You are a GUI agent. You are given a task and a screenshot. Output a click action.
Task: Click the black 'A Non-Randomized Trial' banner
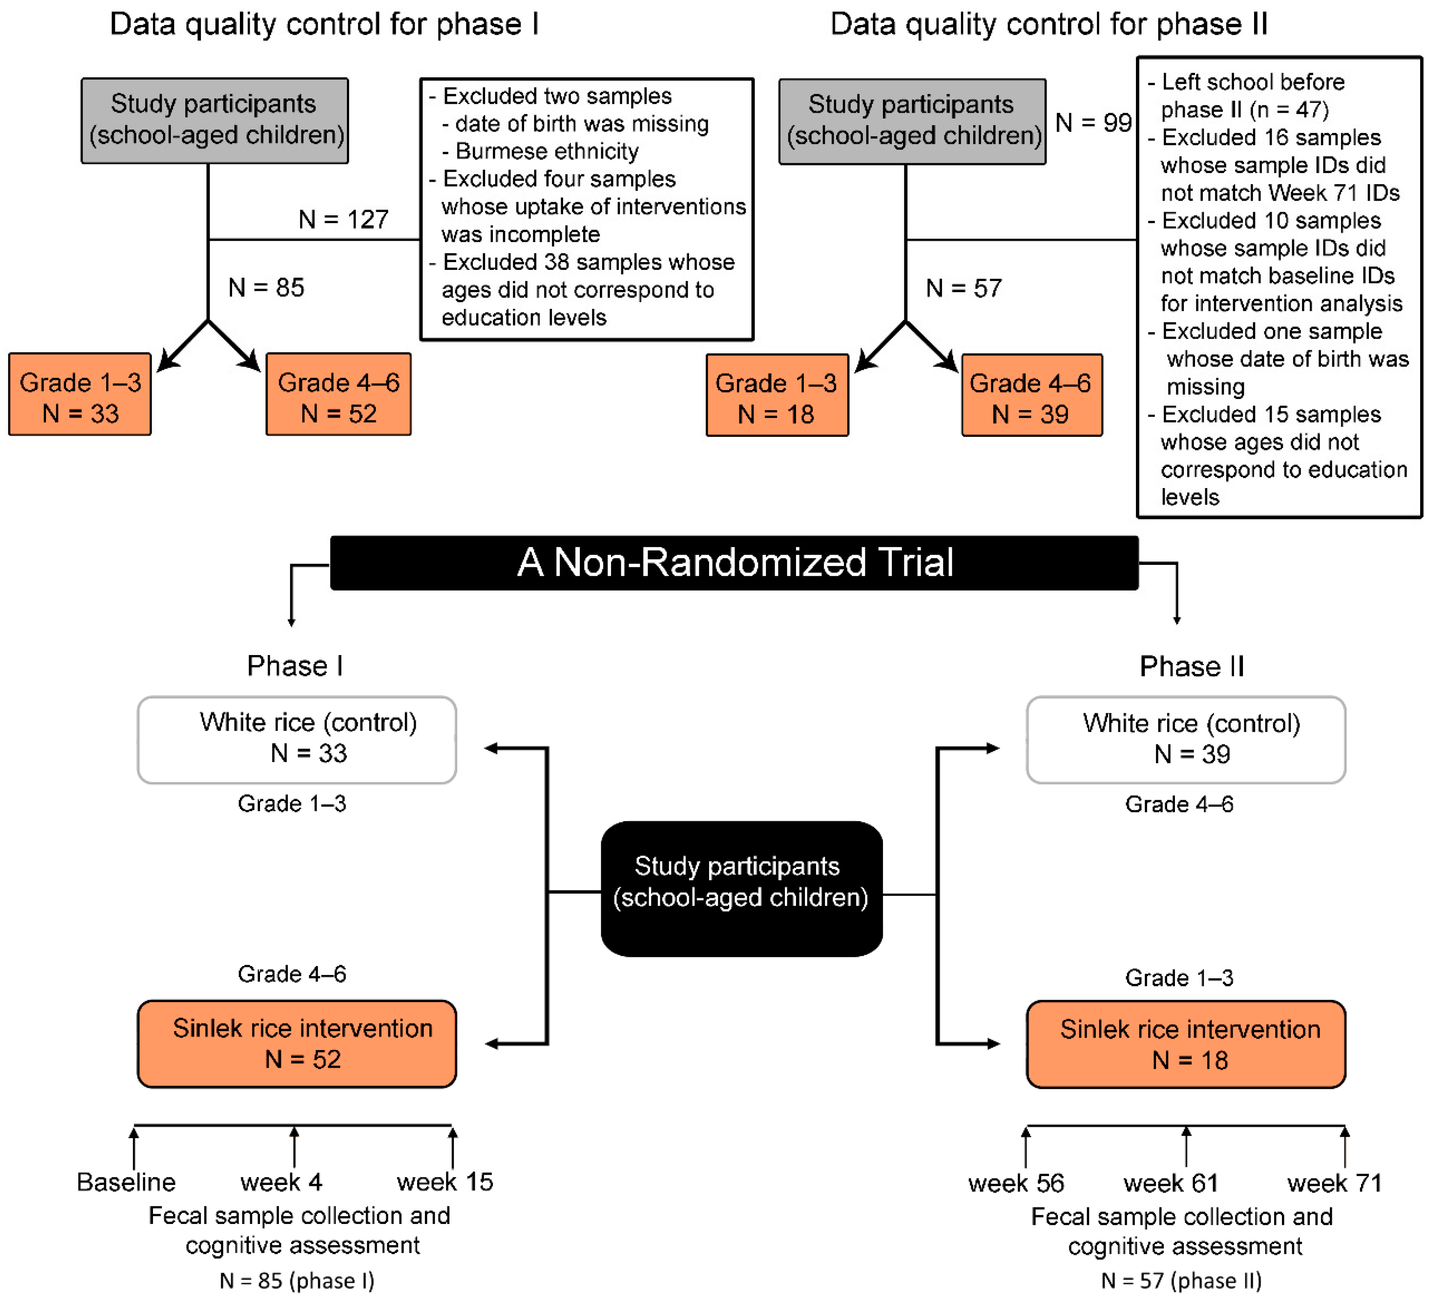pyautogui.click(x=734, y=563)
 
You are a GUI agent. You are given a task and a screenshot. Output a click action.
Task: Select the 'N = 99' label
pyautogui.click(x=1092, y=123)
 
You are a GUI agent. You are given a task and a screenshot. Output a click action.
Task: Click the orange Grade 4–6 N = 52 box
pyautogui.click(x=338, y=395)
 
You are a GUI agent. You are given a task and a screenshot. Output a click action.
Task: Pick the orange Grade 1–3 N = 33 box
pyautogui.click(x=80, y=395)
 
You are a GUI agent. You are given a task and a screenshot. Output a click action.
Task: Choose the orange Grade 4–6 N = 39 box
pyautogui.click(x=1031, y=395)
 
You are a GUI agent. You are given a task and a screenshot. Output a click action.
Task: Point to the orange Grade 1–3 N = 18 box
pyautogui.click(x=777, y=395)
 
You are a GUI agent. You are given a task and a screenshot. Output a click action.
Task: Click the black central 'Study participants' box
pyautogui.click(x=741, y=888)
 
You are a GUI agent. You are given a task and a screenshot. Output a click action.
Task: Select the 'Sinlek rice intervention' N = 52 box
pyautogui.click(x=296, y=1043)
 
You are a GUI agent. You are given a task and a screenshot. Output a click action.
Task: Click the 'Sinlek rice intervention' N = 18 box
pyautogui.click(x=1185, y=1044)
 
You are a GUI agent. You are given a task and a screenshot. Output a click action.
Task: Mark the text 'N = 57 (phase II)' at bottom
pyautogui.click(x=1181, y=1281)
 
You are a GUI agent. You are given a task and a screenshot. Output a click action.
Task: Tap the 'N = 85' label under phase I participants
pyautogui.click(x=266, y=288)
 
